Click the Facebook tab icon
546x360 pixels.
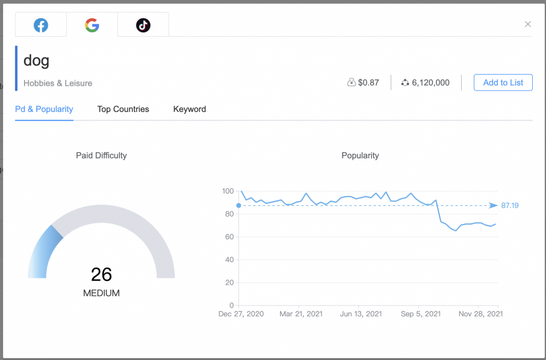pos(41,25)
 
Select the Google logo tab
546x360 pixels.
pos(92,25)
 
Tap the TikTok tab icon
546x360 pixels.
pos(143,25)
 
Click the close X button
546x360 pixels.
pos(528,24)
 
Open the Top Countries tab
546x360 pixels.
pos(123,109)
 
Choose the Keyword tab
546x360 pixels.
pos(189,109)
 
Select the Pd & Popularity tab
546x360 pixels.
pos(44,109)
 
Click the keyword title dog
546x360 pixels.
pos(37,60)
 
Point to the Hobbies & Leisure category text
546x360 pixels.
pos(58,83)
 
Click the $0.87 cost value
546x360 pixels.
pos(368,83)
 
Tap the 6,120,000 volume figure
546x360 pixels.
pos(430,83)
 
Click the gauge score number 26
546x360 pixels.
pos(101,274)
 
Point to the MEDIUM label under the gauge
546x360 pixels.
pos(101,293)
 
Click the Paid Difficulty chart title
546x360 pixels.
pos(101,156)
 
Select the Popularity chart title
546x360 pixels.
pos(360,156)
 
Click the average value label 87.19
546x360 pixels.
pos(510,205)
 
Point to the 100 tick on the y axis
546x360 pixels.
pos(228,191)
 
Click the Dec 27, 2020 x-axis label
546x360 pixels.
pos(241,314)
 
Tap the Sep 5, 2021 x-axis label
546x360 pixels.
pos(421,314)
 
